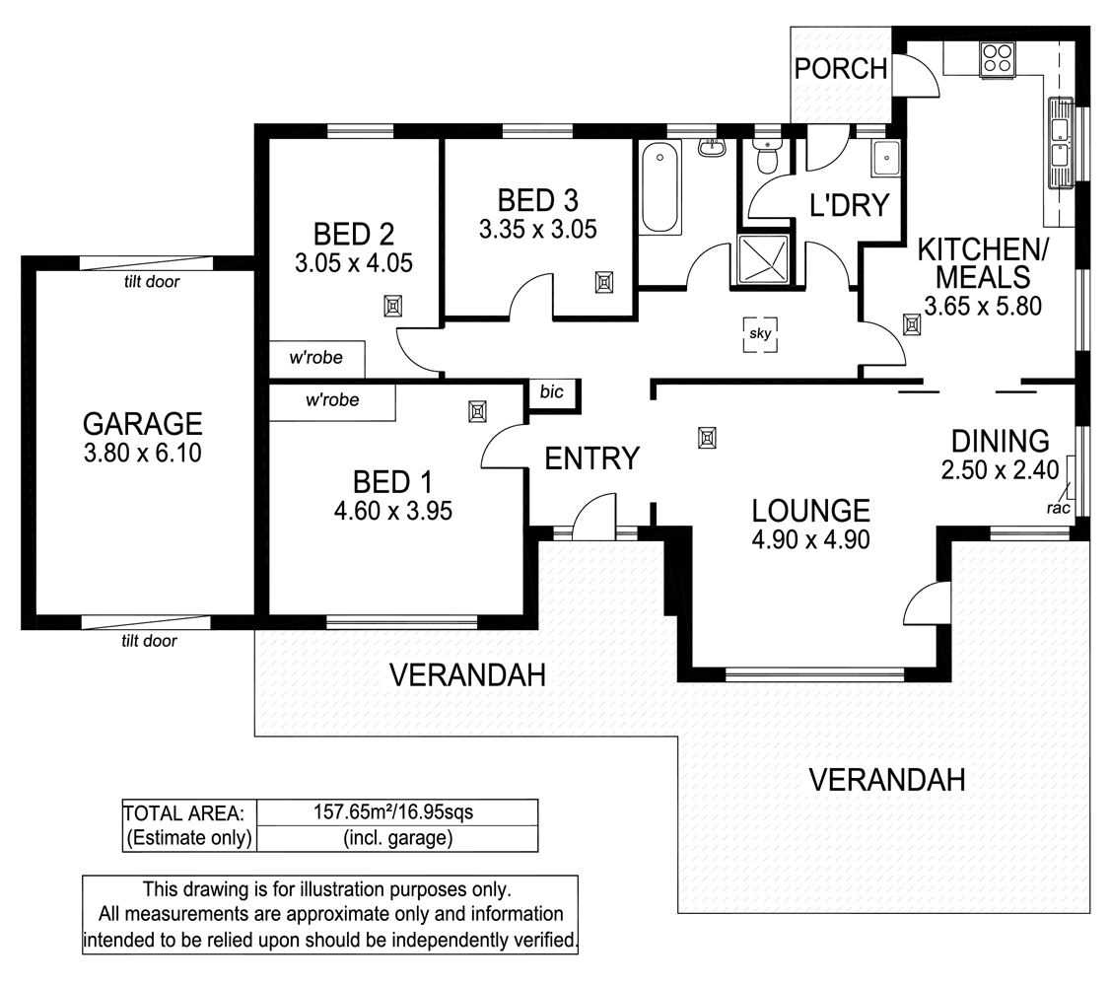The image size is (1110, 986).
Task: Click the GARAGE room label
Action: click(x=142, y=424)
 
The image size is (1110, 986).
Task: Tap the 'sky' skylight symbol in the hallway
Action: click(x=759, y=333)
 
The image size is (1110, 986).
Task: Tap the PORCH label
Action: click(x=841, y=69)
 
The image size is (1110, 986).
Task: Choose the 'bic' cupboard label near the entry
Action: click(x=551, y=391)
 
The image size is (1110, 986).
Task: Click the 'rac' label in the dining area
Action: click(x=1060, y=508)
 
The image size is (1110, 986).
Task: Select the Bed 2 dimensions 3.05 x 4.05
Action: click(x=353, y=263)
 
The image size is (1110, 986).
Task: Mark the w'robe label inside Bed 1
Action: click(x=331, y=400)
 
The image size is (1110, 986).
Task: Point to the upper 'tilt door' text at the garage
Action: click(x=151, y=281)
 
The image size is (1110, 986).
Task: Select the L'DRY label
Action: click(x=849, y=205)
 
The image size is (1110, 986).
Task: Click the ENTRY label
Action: click(x=592, y=458)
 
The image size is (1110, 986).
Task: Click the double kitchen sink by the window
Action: click(x=1061, y=142)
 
